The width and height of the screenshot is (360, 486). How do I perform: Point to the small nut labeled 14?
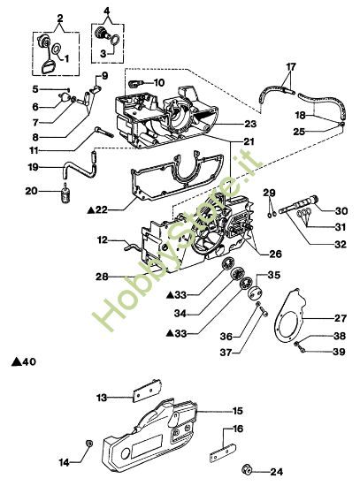pyautogui.click(x=88, y=441)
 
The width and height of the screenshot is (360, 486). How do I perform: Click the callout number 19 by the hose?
pyautogui.click(x=32, y=166)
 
